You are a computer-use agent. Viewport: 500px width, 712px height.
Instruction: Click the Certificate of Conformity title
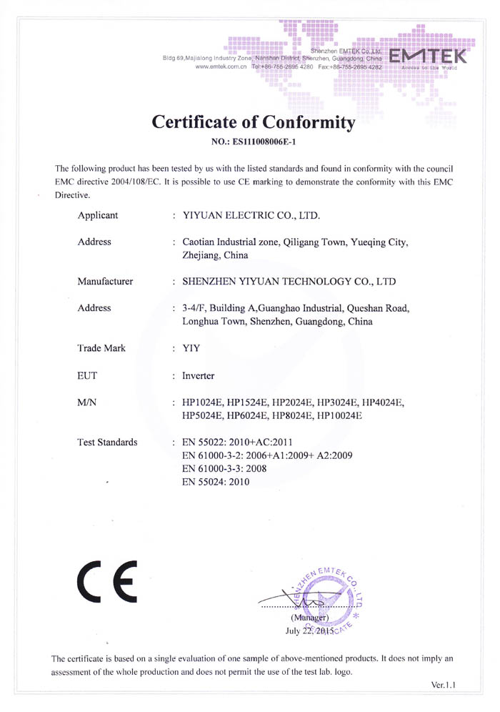pos(254,122)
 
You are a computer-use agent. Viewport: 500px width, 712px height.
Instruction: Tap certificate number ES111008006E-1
pos(254,142)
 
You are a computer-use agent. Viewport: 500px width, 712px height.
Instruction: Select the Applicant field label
pos(98,214)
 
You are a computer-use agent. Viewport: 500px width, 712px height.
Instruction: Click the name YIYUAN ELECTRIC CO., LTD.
pos(251,214)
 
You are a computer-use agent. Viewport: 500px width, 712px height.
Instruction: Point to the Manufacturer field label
pos(105,281)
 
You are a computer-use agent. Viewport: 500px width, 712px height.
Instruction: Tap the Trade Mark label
pos(101,348)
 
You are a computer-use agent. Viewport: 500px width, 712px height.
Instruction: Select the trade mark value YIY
pos(191,348)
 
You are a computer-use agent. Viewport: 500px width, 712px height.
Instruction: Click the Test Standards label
pos(107,442)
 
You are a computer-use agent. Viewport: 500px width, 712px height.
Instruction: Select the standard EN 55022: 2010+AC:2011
pos(237,442)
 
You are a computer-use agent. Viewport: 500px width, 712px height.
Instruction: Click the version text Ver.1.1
pos(444,685)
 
